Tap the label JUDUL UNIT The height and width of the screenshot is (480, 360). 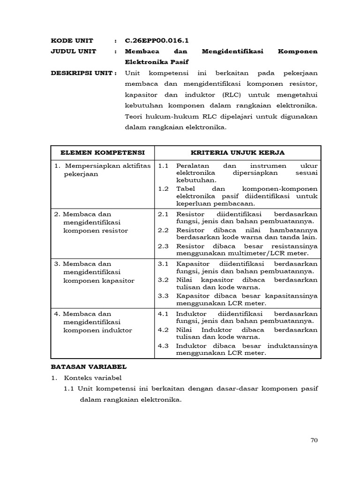74,52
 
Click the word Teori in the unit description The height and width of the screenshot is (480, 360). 134,116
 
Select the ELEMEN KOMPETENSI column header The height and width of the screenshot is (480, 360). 102,153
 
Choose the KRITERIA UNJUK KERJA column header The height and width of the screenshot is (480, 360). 238,153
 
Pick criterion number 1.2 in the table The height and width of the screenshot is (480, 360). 163,188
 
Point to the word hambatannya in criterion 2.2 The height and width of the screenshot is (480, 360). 295,230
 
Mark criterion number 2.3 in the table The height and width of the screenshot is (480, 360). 163,246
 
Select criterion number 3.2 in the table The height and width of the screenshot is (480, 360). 163,280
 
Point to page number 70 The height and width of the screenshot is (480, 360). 314,440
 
